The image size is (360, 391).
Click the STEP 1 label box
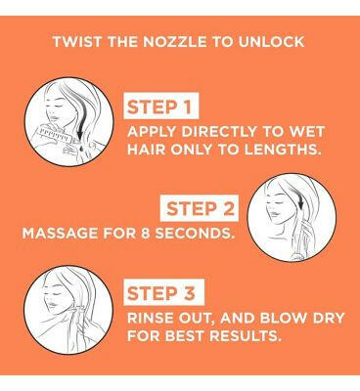tap(165, 106)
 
